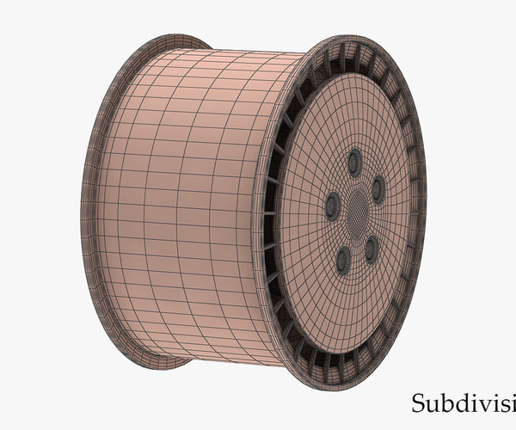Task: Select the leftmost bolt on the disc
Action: [332, 204]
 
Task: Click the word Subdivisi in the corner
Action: [463, 402]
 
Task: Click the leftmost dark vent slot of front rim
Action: [269, 215]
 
